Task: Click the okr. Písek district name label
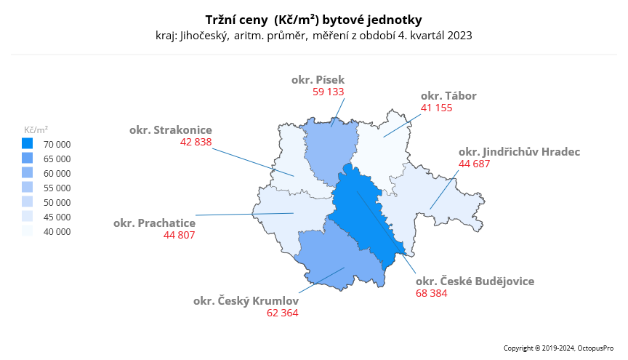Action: pyautogui.click(x=318, y=80)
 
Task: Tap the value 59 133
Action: pyautogui.click(x=329, y=92)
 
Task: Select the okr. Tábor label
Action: pyautogui.click(x=448, y=96)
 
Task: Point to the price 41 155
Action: pyautogui.click(x=436, y=108)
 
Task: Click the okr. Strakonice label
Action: pyautogui.click(x=171, y=130)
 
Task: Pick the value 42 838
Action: pyautogui.click(x=196, y=143)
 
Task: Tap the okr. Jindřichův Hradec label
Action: pyautogui.click(x=519, y=151)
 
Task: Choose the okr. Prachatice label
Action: pyautogui.click(x=154, y=223)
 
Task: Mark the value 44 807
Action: pyautogui.click(x=180, y=235)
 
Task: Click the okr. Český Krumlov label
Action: pyautogui.click(x=246, y=300)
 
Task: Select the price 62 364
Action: pyautogui.click(x=283, y=313)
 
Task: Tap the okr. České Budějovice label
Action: pyautogui.click(x=475, y=281)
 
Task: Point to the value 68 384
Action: pyautogui.click(x=432, y=293)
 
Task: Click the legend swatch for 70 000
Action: pyautogui.click(x=28, y=144)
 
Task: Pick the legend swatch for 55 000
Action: pyautogui.click(x=28, y=188)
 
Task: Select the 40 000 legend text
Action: pyautogui.click(x=57, y=232)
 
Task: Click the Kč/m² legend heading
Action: pyautogui.click(x=36, y=129)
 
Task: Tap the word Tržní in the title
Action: pyautogui.click(x=222, y=19)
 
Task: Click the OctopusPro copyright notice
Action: pyautogui.click(x=560, y=349)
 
